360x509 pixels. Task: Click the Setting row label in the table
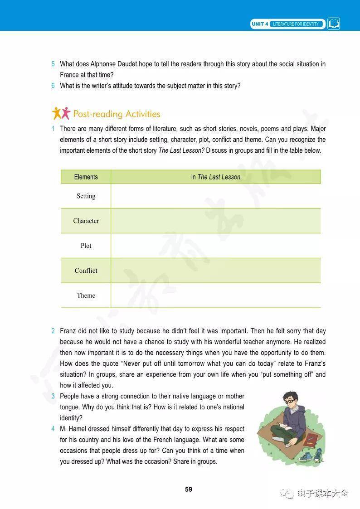click(x=86, y=196)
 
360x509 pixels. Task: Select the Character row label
click(x=86, y=221)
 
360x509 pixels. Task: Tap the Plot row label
click(x=86, y=246)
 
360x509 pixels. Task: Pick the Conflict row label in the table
click(x=86, y=271)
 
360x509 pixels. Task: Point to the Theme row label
click(x=86, y=296)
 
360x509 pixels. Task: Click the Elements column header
click(x=86, y=177)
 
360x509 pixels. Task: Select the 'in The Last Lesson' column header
click(x=216, y=177)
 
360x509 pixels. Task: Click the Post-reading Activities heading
click(x=117, y=114)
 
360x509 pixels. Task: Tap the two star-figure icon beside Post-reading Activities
click(x=61, y=113)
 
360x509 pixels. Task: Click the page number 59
click(x=189, y=489)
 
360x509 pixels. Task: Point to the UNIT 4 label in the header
click(x=260, y=24)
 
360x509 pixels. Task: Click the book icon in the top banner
click(x=334, y=24)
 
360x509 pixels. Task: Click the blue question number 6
click(x=53, y=86)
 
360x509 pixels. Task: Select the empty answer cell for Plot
click(x=216, y=246)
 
